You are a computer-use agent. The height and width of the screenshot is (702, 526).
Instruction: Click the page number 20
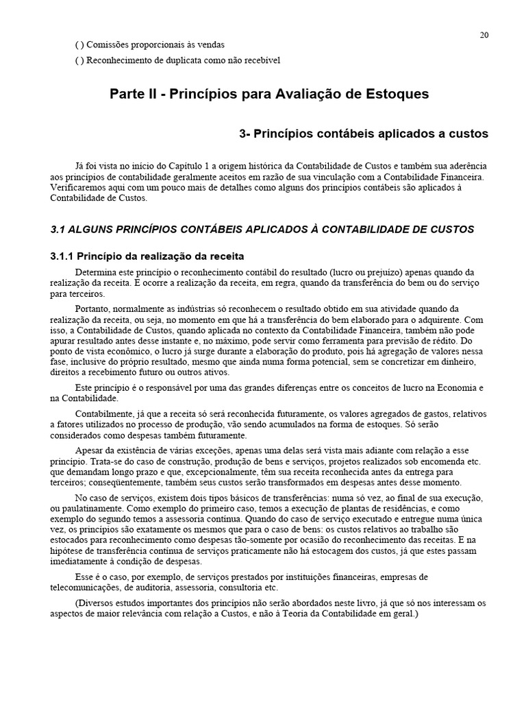tap(484, 36)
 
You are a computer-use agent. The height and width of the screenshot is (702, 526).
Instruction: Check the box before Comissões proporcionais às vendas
tap(79, 45)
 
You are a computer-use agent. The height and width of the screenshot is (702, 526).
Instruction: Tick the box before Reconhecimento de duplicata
tap(79, 60)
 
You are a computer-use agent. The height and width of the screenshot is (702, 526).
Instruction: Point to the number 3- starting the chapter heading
tap(245, 134)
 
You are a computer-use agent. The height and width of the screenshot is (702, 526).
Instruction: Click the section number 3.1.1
tap(64, 257)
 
